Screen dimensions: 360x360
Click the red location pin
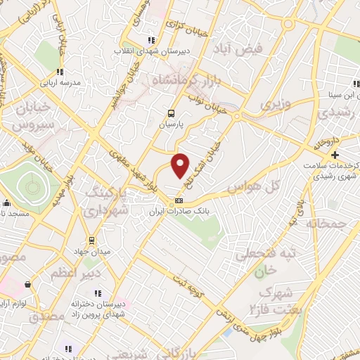(x=180, y=166)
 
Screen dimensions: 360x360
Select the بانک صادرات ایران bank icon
(x=178, y=200)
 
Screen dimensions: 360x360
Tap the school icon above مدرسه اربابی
(x=60, y=71)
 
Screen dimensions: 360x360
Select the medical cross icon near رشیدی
(x=335, y=155)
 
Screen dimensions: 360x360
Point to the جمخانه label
(x=327, y=223)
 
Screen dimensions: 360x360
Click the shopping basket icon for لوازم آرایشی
(x=27, y=285)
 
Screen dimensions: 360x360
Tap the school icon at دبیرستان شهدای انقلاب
(x=150, y=40)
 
